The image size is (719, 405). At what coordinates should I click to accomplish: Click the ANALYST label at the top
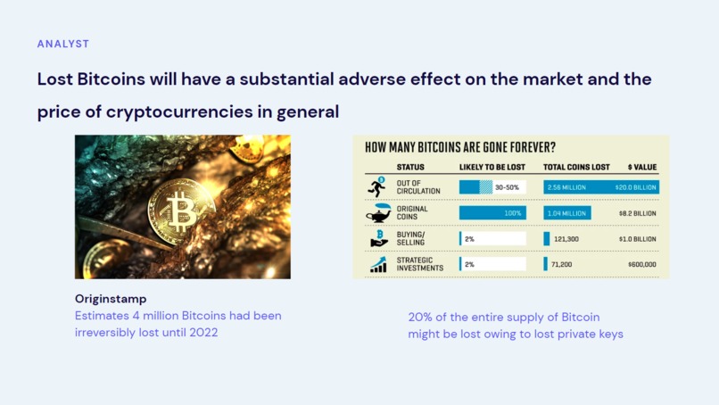tap(63, 44)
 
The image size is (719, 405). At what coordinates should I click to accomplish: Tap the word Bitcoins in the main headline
tap(111, 79)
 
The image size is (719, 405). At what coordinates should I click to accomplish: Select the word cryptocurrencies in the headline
tap(179, 112)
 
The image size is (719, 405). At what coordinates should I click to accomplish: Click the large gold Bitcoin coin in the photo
tap(181, 212)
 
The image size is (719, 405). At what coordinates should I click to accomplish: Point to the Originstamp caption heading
tap(111, 299)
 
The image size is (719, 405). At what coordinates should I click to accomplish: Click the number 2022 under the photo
tap(203, 332)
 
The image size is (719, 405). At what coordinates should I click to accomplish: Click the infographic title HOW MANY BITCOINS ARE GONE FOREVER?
tap(460, 147)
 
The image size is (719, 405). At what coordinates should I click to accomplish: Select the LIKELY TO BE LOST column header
tap(492, 167)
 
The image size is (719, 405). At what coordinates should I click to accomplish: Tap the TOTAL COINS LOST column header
tap(576, 167)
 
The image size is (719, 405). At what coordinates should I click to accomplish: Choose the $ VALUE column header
tap(642, 167)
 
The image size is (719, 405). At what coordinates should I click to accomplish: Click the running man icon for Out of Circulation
tap(377, 186)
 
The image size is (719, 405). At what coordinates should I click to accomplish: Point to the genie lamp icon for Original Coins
tap(378, 213)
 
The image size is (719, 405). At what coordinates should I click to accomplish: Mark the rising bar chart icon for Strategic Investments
tap(378, 265)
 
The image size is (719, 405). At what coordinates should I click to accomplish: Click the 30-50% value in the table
tap(507, 187)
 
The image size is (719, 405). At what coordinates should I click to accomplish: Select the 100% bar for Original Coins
tap(492, 213)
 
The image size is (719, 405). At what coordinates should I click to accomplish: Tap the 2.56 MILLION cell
tap(566, 187)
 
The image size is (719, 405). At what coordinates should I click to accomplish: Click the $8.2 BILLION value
tap(638, 213)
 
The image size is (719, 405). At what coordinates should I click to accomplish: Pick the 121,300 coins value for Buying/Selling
tap(566, 239)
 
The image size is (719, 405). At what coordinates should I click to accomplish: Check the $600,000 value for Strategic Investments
tap(642, 264)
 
